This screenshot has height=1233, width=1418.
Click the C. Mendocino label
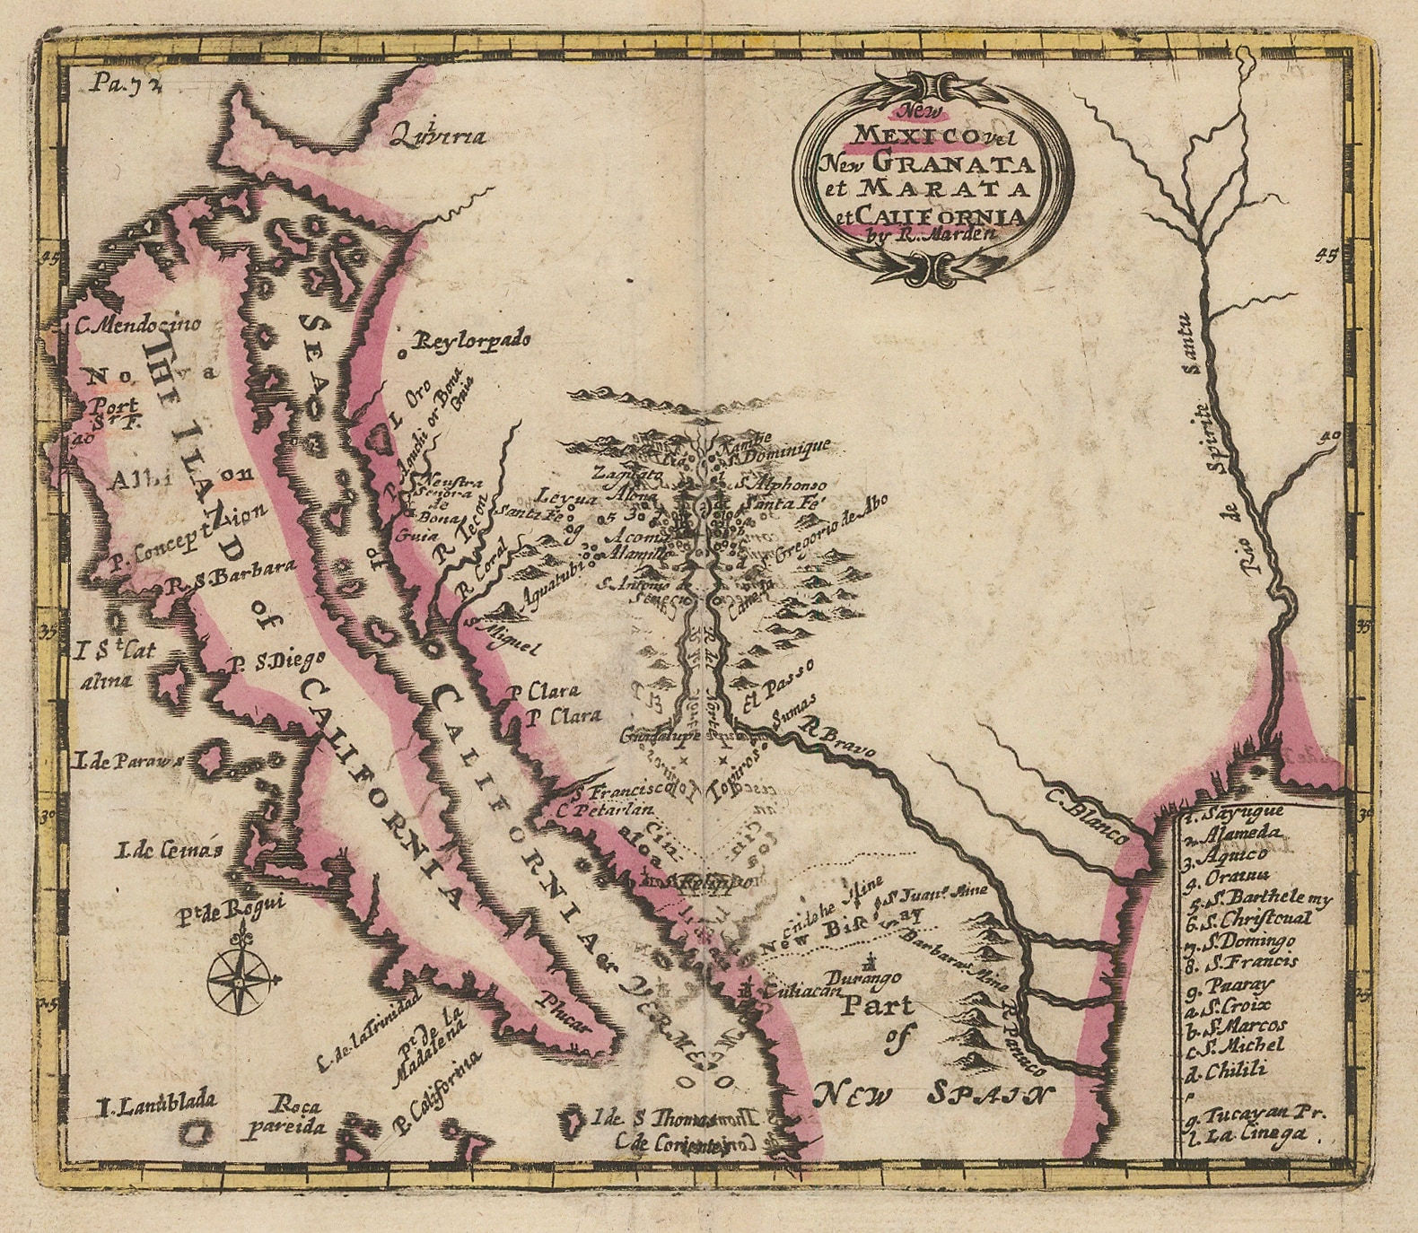138,325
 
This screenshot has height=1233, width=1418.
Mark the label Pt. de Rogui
230,906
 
